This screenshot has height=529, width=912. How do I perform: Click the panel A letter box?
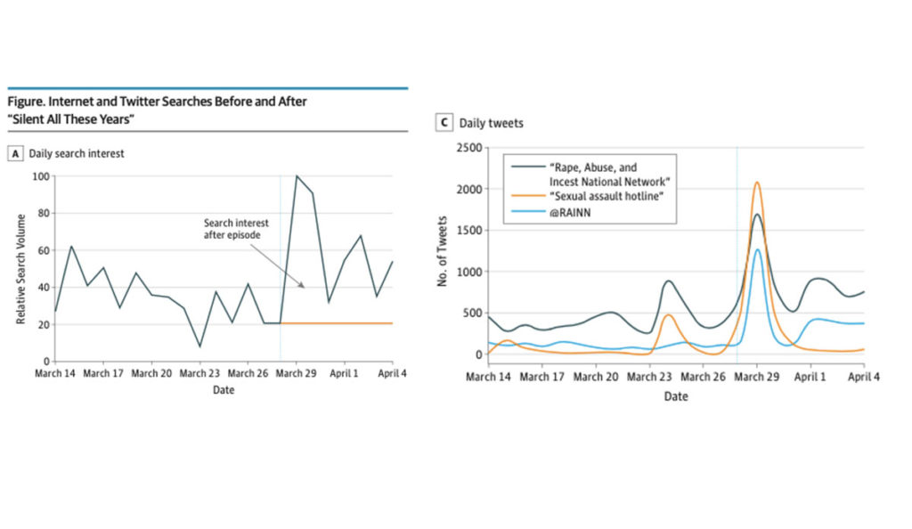[x=15, y=153]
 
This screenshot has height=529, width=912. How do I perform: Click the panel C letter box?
[x=442, y=123]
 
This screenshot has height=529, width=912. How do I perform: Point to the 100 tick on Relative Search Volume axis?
[x=41, y=176]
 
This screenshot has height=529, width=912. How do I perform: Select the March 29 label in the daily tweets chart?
[x=757, y=378]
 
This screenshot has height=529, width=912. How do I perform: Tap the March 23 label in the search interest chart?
[x=200, y=374]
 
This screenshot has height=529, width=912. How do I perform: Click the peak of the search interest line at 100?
[x=297, y=176]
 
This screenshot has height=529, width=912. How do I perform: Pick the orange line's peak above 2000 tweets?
[x=757, y=183]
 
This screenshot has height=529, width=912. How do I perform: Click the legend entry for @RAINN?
[x=567, y=213]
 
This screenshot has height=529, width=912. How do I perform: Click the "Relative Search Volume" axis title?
[x=20, y=268]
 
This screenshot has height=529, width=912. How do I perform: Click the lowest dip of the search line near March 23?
[x=199, y=346]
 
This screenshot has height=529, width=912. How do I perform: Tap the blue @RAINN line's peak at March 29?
[x=757, y=249]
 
